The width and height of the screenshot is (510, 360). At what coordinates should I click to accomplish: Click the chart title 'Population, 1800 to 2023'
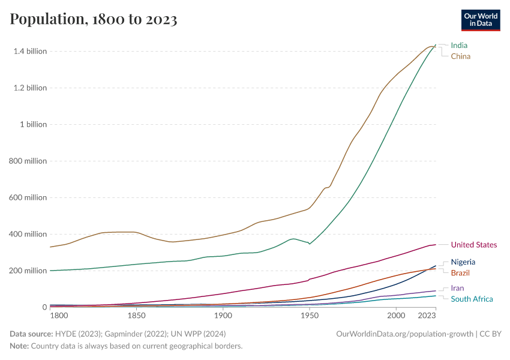[x=94, y=19]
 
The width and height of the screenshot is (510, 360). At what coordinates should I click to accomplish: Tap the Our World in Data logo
[x=480, y=20]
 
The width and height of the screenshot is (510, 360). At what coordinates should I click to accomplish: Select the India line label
[x=459, y=45]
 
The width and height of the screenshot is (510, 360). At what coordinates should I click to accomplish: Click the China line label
[x=460, y=56]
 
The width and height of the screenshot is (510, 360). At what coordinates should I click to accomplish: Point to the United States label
[x=473, y=245]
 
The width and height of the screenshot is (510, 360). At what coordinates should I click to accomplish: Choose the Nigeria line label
[x=463, y=262]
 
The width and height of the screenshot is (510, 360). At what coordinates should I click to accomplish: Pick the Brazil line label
[x=461, y=273]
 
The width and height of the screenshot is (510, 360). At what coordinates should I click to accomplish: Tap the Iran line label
[x=457, y=288]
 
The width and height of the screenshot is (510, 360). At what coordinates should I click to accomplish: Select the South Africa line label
[x=472, y=299]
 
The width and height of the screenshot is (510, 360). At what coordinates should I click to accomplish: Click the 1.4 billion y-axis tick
[x=30, y=51]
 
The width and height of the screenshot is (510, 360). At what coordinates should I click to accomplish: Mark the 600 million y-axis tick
[x=28, y=197]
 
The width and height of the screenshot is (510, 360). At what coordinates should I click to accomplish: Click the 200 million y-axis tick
[x=28, y=271]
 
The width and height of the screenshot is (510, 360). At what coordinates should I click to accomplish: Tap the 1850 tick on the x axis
[x=136, y=315]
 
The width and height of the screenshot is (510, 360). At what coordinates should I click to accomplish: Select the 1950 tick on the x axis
[x=310, y=315]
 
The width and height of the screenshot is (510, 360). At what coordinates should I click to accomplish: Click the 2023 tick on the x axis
[x=426, y=315]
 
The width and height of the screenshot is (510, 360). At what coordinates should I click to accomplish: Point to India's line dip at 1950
[x=310, y=244]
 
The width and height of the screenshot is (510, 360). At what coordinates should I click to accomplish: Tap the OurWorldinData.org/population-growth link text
[x=407, y=334]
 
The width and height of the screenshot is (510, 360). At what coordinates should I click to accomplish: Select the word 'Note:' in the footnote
[x=20, y=346]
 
